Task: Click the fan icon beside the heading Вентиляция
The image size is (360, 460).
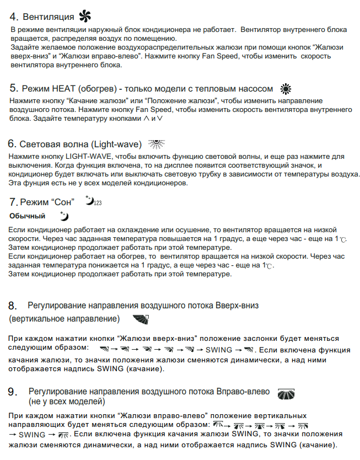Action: (84, 15)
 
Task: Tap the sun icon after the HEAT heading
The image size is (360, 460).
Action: (286, 89)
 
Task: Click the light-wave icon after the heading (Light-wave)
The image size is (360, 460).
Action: (157, 144)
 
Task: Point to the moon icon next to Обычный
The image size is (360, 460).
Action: (65, 216)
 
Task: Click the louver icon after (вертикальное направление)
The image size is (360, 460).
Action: (141, 319)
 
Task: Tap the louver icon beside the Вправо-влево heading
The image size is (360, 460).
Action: (287, 393)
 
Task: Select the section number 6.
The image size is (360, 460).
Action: (12, 144)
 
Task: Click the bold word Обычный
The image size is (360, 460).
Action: (27, 216)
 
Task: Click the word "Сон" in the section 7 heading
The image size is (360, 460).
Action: (64, 202)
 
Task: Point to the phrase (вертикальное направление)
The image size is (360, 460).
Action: (65, 319)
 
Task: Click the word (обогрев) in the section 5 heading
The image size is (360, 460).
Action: (95, 89)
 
